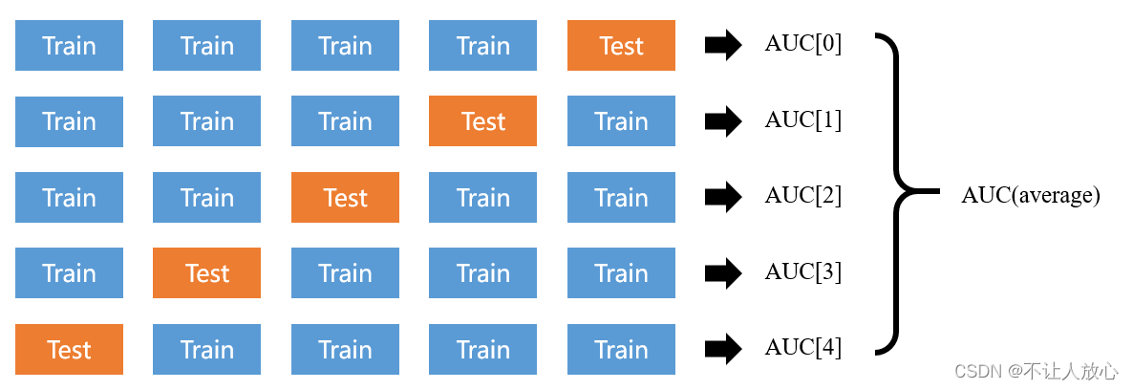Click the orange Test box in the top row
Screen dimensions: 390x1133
tap(621, 46)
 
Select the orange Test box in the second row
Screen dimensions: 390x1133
tap(482, 121)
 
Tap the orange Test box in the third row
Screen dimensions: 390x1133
tap(345, 198)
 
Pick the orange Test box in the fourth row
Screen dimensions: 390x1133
tap(206, 273)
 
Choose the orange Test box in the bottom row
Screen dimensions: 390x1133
tap(69, 349)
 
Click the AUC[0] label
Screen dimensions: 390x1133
tap(802, 44)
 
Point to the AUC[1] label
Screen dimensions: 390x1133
tap(802, 120)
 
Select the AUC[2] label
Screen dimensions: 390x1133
tap(802, 196)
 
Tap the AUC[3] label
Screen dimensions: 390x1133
tap(802, 272)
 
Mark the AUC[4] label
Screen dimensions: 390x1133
tap(802, 348)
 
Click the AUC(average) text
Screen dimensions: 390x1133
tap(1031, 196)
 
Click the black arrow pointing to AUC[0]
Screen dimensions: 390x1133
tap(723, 46)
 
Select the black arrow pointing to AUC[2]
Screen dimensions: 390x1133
tap(723, 198)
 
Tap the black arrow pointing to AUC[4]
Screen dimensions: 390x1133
tap(723, 349)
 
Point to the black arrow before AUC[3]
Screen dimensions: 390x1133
tap(723, 273)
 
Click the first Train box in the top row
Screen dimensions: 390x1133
tap(69, 46)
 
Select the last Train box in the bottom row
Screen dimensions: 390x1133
tap(621, 349)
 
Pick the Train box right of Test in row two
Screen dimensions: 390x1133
tap(621, 121)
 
